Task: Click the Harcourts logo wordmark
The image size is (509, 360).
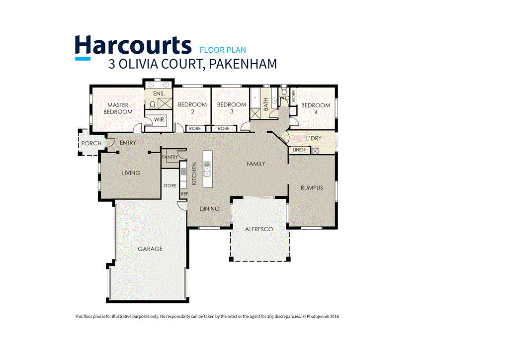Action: [x=133, y=45]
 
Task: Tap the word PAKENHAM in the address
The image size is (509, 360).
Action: [x=243, y=64]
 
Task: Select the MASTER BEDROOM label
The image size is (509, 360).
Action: [x=118, y=108]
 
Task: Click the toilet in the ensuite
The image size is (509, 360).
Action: [x=153, y=104]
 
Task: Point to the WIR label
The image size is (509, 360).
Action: [x=159, y=119]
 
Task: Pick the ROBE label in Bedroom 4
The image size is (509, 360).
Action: [x=294, y=95]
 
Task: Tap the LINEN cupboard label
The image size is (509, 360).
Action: [x=299, y=150]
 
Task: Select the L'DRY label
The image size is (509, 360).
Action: [x=313, y=138]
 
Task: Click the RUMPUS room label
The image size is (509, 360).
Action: [x=312, y=187]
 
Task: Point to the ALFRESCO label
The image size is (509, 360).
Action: [x=259, y=229]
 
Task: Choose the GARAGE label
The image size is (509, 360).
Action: [x=150, y=249]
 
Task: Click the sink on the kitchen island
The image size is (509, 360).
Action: [x=207, y=169]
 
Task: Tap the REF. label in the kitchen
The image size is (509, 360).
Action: [x=184, y=193]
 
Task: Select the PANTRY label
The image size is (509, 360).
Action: [x=170, y=157]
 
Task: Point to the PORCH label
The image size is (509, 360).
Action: [x=91, y=143]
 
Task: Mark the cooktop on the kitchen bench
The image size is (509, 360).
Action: [x=183, y=173]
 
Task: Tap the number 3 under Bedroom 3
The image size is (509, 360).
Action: [x=232, y=111]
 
